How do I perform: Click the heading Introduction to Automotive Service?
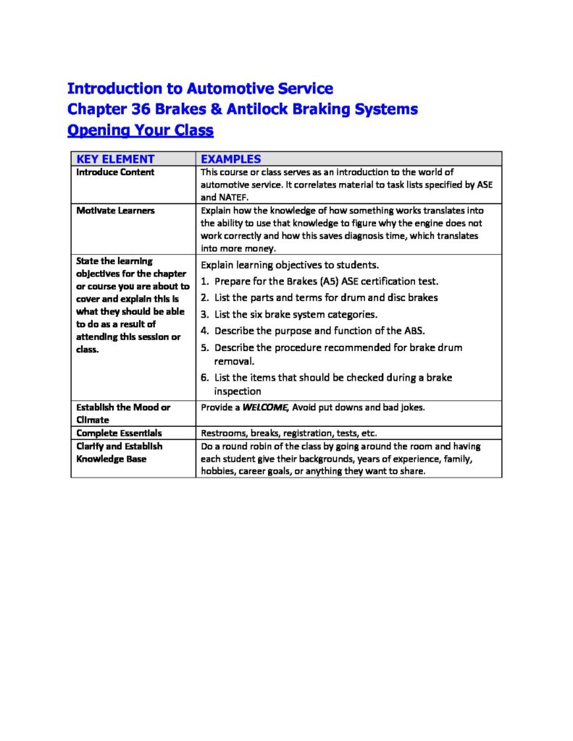tap(200, 88)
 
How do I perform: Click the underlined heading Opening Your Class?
tap(140, 130)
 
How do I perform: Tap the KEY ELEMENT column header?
tap(115, 158)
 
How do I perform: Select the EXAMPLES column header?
tap(230, 158)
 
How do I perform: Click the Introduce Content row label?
tap(115, 172)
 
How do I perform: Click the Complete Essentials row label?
tap(119, 433)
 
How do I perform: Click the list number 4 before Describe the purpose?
tap(204, 331)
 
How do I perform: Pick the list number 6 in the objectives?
tap(204, 377)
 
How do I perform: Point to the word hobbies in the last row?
tap(217, 470)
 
